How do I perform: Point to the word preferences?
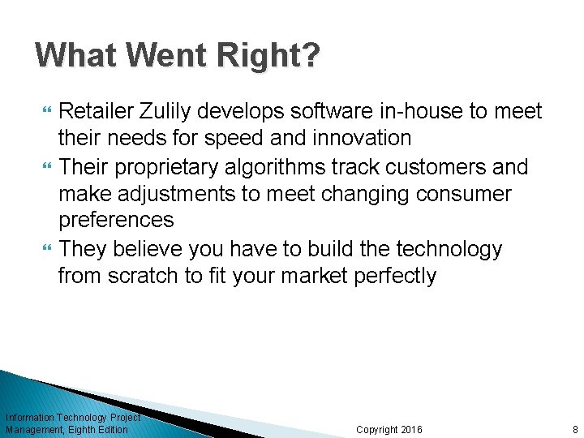click(116, 221)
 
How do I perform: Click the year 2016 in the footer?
click(412, 429)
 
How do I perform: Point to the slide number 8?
click(575, 429)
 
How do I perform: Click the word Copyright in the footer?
click(377, 429)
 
